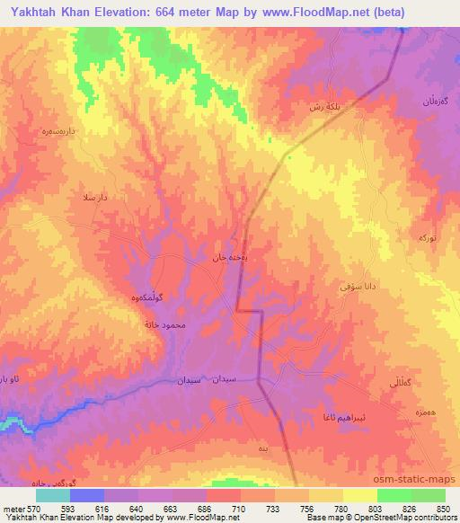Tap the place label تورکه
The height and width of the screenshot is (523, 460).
point(427,236)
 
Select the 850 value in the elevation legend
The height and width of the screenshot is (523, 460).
point(446,510)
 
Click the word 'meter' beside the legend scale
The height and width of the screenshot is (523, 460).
point(13,510)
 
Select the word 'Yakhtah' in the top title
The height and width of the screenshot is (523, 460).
point(37,12)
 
